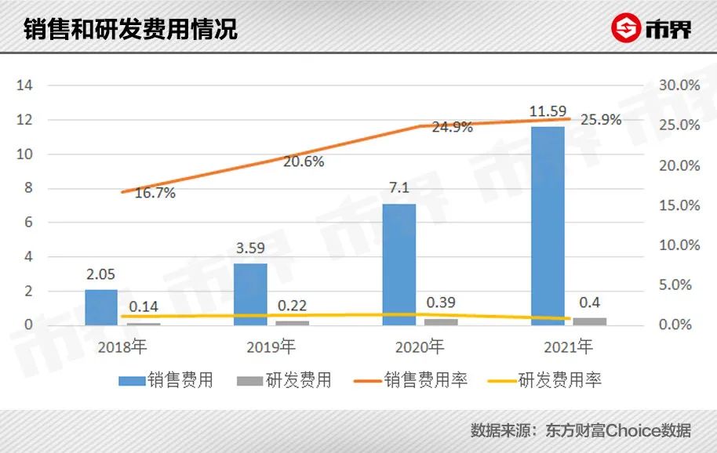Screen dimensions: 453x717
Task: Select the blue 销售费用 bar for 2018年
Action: (101, 307)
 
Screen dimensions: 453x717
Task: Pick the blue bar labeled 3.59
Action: (250, 294)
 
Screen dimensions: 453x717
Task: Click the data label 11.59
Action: (548, 113)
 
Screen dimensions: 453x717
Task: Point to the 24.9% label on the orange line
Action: (452, 127)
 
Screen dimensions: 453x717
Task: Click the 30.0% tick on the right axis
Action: (679, 85)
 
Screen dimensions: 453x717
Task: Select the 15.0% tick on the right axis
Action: (679, 205)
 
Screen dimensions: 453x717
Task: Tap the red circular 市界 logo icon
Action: (625, 30)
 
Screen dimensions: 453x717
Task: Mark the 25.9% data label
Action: (601, 120)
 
